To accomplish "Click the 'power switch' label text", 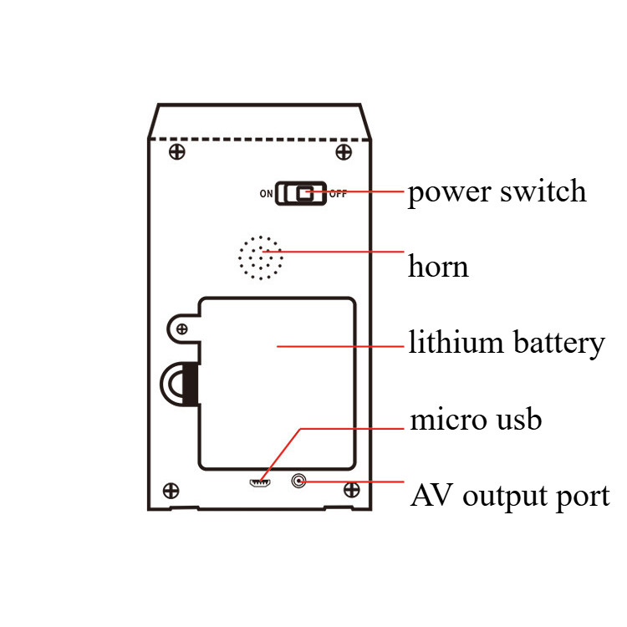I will [497, 192].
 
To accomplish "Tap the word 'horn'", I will [438, 267].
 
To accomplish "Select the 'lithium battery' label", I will [506, 344].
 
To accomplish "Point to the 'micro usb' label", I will [475, 419].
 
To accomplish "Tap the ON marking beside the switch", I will [266, 194].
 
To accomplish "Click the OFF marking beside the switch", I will [338, 194].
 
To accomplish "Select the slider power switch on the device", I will [302, 193].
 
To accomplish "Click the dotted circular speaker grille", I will [260, 257].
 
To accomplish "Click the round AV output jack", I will [298, 481].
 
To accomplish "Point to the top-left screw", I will [176, 151].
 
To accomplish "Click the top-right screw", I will [343, 151].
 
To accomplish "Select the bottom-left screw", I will [171, 490].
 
